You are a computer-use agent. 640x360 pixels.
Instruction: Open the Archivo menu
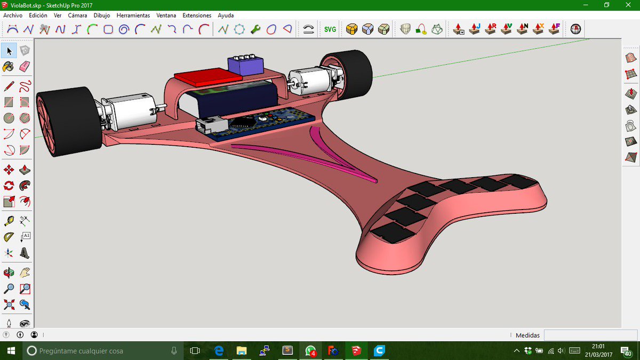point(13,15)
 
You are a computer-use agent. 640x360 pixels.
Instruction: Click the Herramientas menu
point(133,15)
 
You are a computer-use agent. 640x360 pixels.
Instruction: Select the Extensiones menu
point(197,15)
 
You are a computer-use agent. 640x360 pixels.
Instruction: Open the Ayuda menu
point(226,15)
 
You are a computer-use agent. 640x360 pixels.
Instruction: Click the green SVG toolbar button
point(330,29)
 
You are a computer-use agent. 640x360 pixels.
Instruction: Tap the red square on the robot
point(208,77)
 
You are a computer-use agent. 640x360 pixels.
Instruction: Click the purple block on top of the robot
point(245,65)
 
